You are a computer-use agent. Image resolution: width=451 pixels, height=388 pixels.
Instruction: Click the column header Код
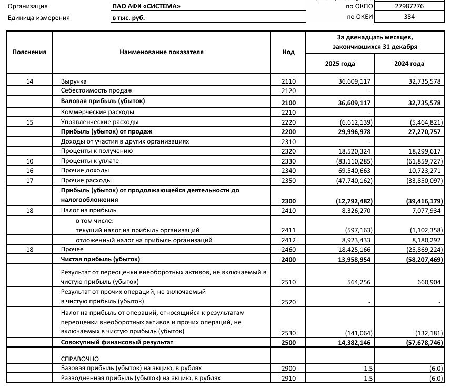tap(288, 52)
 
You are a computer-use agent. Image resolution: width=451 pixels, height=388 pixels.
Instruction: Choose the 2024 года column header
tap(409, 64)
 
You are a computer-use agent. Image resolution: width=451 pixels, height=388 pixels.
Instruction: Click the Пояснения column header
tap(29, 52)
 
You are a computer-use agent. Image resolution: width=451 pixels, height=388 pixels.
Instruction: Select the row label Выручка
tap(74, 81)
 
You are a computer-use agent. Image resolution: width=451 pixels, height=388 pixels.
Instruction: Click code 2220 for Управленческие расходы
tap(289, 121)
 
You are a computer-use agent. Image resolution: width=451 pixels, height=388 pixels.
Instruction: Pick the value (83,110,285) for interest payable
tap(353, 161)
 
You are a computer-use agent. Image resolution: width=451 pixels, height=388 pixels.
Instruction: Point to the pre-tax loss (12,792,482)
tap(353, 200)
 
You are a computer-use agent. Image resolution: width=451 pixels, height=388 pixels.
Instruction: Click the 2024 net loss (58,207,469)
tap(422, 260)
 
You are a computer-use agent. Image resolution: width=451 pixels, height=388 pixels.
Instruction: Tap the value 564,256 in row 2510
tap(357, 282)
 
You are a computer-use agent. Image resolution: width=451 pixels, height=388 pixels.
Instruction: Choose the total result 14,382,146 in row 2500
tap(354, 343)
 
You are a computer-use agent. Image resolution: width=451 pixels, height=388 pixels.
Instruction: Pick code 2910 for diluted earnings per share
tap(289, 378)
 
